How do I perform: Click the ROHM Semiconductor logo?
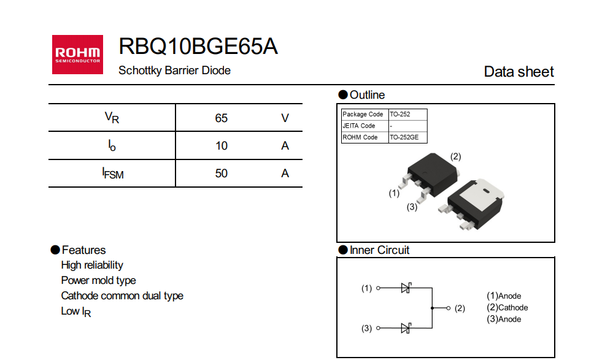77,55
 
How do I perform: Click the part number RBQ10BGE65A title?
198,46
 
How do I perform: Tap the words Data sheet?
519,72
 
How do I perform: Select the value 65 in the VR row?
222,118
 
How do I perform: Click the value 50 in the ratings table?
222,174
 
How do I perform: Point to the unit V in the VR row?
285,118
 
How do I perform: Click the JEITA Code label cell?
359,126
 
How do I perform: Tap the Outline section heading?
367,95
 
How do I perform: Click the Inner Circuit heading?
379,250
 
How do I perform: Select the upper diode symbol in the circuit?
405,288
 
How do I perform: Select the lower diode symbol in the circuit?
405,328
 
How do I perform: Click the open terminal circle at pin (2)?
449,308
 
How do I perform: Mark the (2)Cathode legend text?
507,308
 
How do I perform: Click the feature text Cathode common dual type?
122,296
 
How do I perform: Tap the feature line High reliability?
92,265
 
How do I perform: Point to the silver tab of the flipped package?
485,197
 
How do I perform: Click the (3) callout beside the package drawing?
412,207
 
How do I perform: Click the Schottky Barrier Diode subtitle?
174,71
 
